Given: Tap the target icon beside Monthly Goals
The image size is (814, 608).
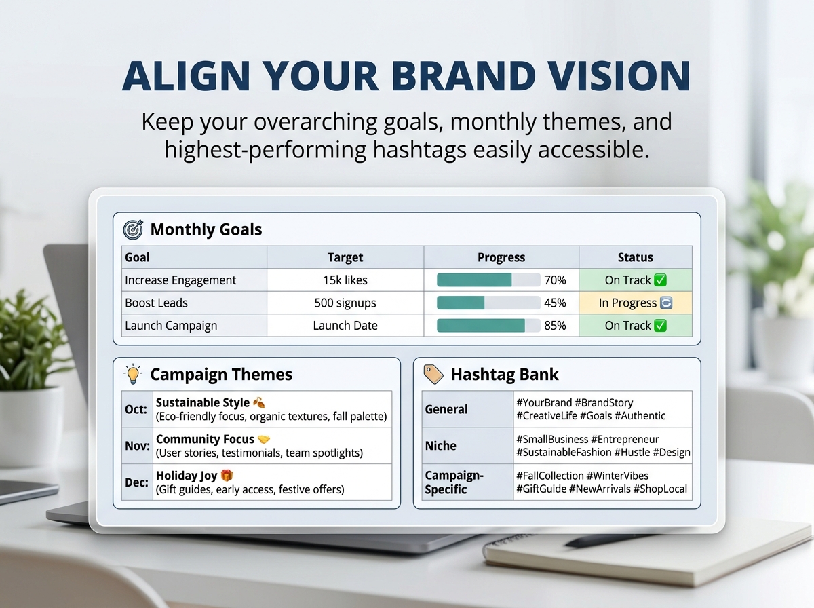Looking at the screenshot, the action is (x=133, y=229).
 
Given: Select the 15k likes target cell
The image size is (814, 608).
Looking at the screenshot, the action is (x=345, y=280).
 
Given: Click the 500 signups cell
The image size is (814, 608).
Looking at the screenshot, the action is (x=345, y=303).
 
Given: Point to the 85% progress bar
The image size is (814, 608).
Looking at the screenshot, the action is (x=488, y=325).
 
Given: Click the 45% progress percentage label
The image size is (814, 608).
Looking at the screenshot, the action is (x=555, y=303).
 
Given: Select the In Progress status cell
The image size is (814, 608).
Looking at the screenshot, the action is (x=635, y=303).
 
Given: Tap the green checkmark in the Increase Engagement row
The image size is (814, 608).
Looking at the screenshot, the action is (x=660, y=280).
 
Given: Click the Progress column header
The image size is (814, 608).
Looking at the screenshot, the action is (x=501, y=257).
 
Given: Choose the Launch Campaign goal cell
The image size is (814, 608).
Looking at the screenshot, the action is (x=194, y=325).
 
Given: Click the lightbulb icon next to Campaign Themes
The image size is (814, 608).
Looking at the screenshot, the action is (x=133, y=375).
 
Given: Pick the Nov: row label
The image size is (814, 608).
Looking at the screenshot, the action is (x=137, y=446).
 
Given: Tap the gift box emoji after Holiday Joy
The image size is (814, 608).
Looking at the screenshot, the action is (x=227, y=475).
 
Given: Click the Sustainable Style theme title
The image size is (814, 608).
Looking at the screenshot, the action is (x=202, y=402).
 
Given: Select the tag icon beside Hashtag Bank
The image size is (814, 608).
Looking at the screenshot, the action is (x=433, y=374).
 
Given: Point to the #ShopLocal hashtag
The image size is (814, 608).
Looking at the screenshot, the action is (x=660, y=489).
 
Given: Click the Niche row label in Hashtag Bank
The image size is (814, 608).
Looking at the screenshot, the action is (x=440, y=446).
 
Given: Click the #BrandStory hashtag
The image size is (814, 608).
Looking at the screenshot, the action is (x=604, y=402).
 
